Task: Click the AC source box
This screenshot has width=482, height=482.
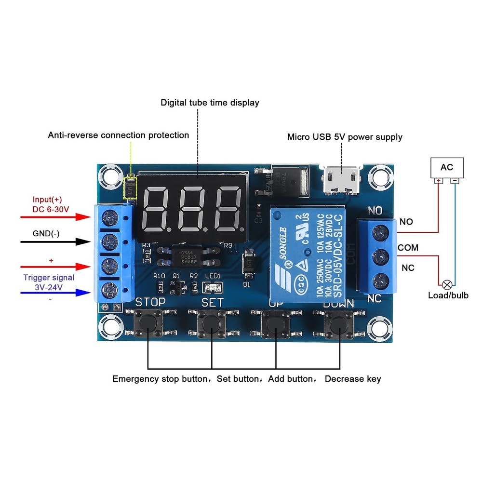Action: click(x=447, y=167)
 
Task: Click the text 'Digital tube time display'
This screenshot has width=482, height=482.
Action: click(x=210, y=103)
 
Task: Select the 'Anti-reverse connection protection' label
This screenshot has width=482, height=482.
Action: click(x=118, y=135)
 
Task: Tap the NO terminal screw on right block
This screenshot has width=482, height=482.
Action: click(x=381, y=233)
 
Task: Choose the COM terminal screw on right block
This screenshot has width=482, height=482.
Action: click(x=381, y=255)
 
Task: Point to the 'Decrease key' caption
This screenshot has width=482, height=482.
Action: click(x=353, y=379)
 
